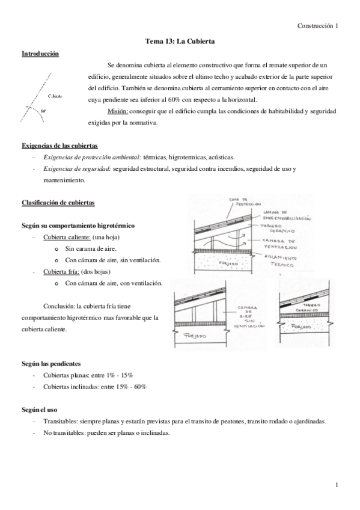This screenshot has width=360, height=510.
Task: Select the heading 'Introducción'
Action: [x=40, y=54]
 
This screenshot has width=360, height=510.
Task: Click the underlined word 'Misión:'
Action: [x=118, y=112]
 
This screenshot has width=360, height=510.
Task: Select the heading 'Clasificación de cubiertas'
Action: [x=58, y=202]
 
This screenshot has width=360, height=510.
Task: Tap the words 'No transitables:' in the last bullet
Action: [x=66, y=432]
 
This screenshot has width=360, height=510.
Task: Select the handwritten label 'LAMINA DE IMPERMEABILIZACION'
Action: [x=288, y=214]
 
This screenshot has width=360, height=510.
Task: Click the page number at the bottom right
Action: [x=337, y=485]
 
